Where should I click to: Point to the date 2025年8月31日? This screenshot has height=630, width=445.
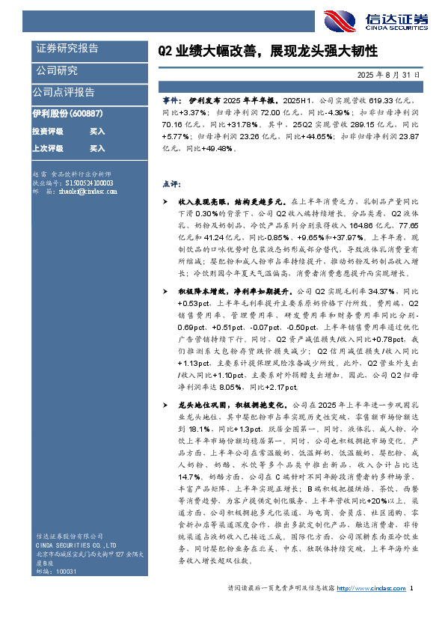tap(388, 76)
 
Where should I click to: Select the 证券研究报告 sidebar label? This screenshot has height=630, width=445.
tap(67, 49)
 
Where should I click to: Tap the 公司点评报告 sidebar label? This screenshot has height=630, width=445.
tap(64, 92)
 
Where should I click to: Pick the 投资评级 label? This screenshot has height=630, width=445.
tap(47, 131)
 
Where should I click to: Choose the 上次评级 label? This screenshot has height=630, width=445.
tap(47, 148)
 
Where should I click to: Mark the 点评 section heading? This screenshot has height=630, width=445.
tap(171, 183)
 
